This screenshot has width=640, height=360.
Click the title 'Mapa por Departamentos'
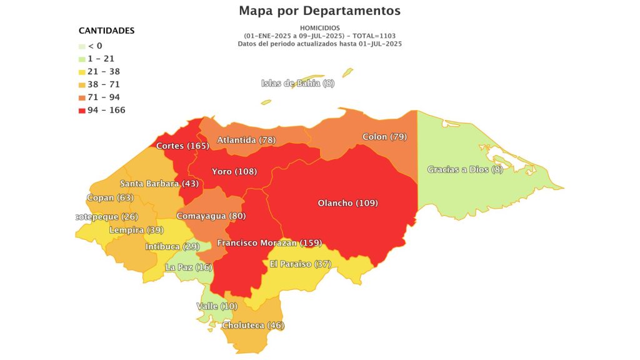click(319, 11)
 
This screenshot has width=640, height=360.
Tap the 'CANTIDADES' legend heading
click(106, 31)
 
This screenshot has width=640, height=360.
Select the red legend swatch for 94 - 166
click(82, 111)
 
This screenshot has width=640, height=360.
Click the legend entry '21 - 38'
click(103, 71)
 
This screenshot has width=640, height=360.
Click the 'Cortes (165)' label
click(182, 146)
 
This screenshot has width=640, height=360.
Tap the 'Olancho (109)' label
click(347, 203)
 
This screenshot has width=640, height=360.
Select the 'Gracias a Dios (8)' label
click(465, 169)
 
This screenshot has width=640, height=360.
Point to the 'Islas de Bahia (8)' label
click(298, 84)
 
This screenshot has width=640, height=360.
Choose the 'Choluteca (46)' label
click(252, 326)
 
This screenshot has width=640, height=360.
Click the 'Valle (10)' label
click(217, 306)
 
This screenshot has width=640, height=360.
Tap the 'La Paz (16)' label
click(189, 267)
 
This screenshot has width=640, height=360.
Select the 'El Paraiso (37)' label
click(300, 264)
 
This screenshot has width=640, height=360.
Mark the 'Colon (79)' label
click(384, 137)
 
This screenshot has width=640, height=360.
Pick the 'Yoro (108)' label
click(234, 171)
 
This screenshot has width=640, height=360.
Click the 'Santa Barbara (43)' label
click(159, 184)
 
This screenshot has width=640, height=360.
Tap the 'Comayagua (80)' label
click(211, 216)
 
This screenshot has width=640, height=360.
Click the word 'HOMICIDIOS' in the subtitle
click(319, 28)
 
